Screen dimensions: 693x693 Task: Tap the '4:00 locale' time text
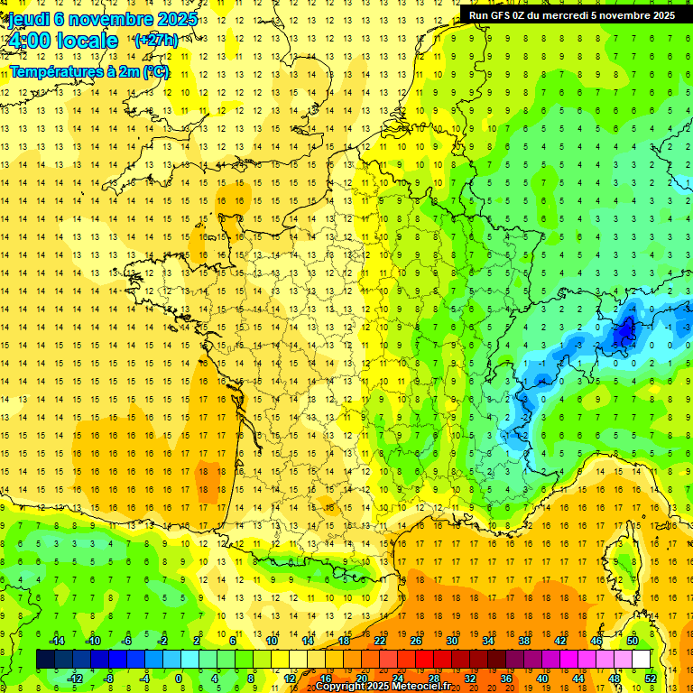click(60, 41)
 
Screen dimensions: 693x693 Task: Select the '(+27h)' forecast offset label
click(156, 41)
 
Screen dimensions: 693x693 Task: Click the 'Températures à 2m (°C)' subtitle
click(89, 71)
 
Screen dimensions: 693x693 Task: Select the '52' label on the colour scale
click(651, 678)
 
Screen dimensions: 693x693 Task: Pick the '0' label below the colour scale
click(179, 678)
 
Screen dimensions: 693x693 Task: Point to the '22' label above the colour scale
click(380, 641)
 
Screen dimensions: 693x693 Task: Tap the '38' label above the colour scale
click(524, 641)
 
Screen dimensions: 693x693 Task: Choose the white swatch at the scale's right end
click(641, 660)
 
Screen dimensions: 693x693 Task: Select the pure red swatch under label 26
click(424, 660)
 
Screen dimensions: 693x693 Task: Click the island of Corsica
click(621, 564)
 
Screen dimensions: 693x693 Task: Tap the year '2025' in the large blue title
click(169, 19)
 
